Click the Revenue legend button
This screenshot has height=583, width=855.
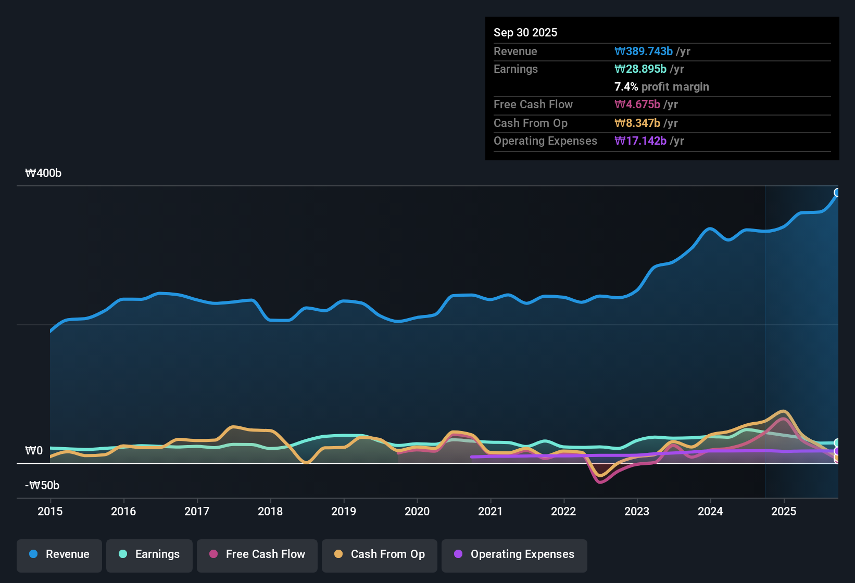point(59,554)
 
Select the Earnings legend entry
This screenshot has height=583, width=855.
point(149,554)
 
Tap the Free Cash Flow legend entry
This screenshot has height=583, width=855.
point(257,554)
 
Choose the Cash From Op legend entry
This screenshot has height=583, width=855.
point(380,554)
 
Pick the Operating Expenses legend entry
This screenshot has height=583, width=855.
point(514,554)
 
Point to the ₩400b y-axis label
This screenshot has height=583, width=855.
point(43,173)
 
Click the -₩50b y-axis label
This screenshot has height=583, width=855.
point(42,486)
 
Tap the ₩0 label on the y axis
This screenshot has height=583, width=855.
point(34,451)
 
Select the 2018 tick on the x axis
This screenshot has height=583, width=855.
point(270,512)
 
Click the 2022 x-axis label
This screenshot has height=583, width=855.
point(563,512)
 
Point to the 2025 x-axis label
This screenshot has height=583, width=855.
point(784,512)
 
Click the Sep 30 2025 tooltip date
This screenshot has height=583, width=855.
point(525,33)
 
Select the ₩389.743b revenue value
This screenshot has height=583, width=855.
point(644,52)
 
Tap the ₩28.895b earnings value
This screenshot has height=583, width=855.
point(640,69)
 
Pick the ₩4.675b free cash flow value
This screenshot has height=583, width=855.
point(637,105)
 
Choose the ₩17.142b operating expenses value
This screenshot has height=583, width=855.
point(640,141)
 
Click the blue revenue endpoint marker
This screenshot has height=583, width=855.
point(837,193)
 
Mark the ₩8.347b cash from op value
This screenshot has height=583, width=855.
point(637,123)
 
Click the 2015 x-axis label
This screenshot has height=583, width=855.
point(50,512)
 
